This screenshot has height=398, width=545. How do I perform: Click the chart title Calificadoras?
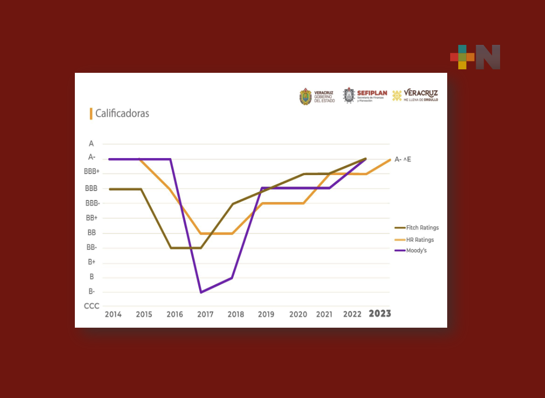click(122, 114)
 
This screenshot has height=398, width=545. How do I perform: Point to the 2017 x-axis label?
click(205, 315)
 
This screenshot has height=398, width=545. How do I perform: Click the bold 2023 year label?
click(380, 314)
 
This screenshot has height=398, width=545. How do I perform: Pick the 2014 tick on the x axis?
click(113, 315)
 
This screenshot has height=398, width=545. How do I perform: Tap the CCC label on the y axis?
click(91, 306)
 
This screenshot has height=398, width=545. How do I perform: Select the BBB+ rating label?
click(92, 172)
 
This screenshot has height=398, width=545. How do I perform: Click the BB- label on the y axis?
click(92, 247)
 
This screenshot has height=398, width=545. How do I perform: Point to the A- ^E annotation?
click(403, 160)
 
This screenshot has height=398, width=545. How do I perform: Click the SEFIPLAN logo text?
click(372, 93)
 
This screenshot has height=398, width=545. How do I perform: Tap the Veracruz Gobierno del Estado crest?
click(305, 96)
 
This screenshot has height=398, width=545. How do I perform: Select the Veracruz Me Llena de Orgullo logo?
click(415, 95)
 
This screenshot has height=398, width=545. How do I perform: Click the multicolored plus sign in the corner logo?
click(462, 57)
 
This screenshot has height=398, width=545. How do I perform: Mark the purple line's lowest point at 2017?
click(201, 292)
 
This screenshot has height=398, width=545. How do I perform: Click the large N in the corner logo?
click(488, 57)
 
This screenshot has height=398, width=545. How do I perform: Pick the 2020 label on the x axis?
click(298, 315)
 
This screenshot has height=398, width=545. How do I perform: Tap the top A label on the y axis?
click(91, 144)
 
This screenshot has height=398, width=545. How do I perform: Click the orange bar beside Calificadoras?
click(91, 114)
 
